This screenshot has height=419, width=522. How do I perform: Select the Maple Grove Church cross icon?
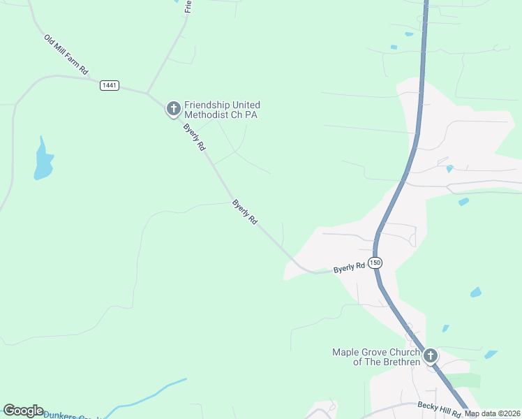431,356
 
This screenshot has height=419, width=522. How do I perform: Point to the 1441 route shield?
110,85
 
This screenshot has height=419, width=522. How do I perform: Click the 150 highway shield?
375,263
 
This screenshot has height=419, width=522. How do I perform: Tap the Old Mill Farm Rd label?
66,55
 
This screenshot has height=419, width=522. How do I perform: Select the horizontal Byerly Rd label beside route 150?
349,267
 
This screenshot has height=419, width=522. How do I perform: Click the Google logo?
23,411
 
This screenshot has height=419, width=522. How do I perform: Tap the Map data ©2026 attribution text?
492,413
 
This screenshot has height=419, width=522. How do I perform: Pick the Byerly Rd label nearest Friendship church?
194,138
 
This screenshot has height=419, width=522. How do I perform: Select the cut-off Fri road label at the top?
188,6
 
